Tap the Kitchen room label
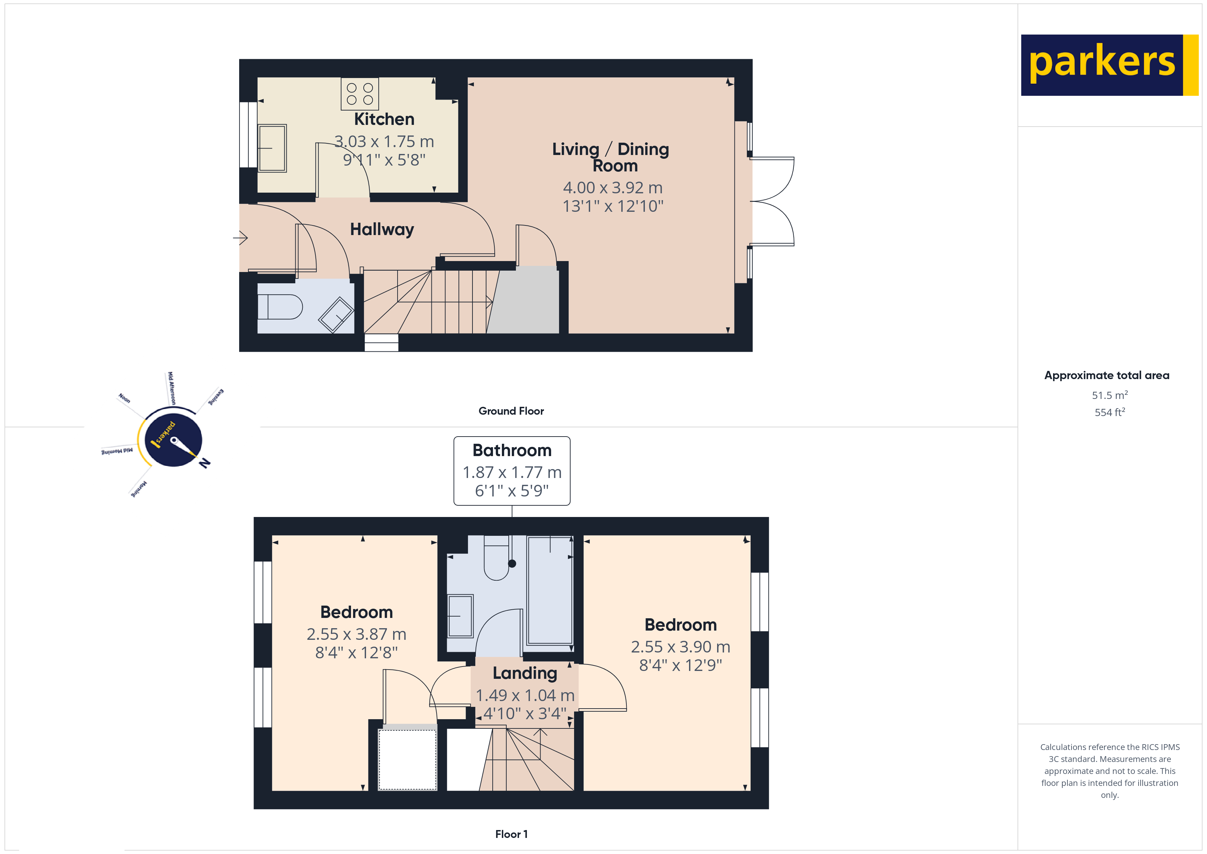384,119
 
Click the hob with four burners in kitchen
360,94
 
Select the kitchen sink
272,148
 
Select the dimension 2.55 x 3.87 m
356,634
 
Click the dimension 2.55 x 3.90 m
680,647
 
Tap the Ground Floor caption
511,411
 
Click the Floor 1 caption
511,834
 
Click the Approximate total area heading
1107,375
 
